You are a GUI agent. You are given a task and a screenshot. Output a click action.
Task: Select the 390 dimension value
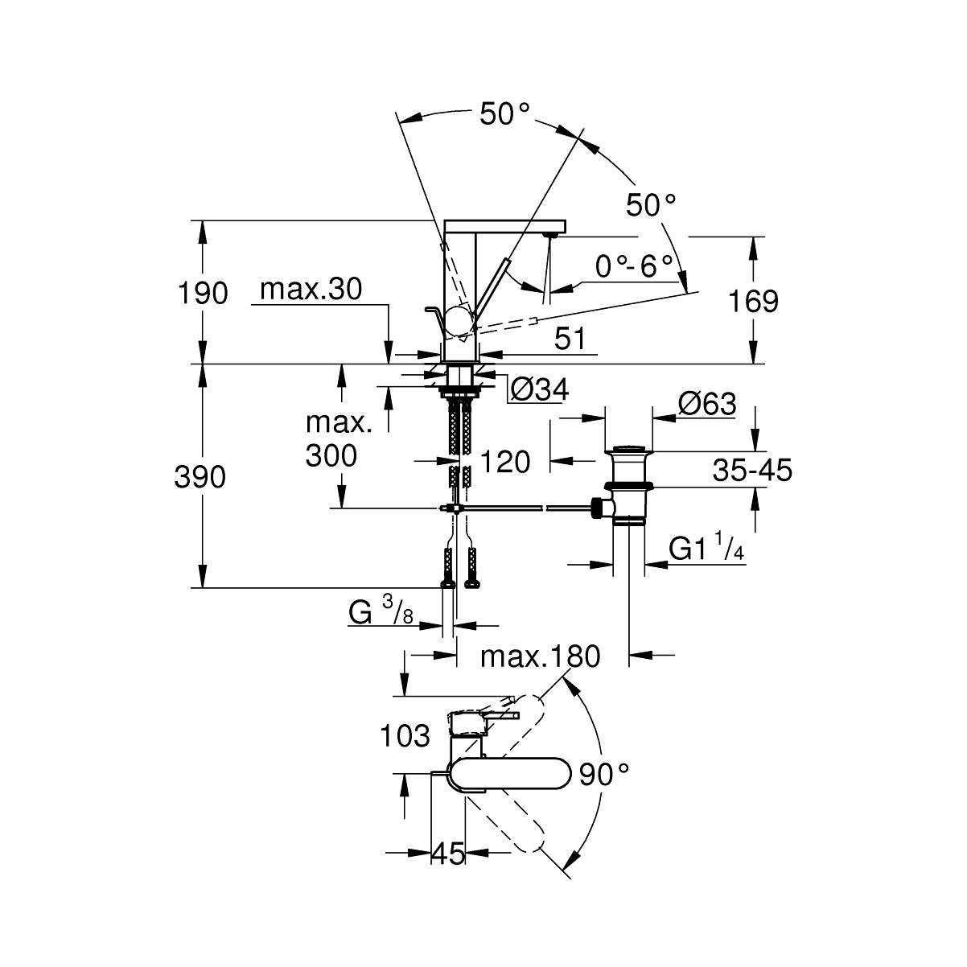(x=200, y=477)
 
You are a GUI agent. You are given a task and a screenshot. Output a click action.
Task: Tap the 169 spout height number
(x=753, y=302)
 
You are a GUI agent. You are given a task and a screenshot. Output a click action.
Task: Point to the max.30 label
(x=311, y=289)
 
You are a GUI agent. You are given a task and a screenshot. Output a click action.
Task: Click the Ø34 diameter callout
(x=540, y=390)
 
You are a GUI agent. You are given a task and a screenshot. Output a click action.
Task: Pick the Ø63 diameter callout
(x=707, y=403)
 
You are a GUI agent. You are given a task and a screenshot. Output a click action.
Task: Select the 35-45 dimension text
(x=752, y=469)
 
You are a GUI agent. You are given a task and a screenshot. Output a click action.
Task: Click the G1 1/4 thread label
(x=706, y=549)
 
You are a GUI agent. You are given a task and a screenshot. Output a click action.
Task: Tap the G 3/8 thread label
(x=381, y=613)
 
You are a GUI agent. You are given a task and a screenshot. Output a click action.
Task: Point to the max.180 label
(x=540, y=656)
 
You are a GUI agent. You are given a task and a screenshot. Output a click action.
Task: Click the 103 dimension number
(x=405, y=735)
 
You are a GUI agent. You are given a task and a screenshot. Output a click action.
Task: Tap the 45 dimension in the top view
(x=449, y=854)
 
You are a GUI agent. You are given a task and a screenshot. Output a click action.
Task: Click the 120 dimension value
(x=505, y=462)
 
